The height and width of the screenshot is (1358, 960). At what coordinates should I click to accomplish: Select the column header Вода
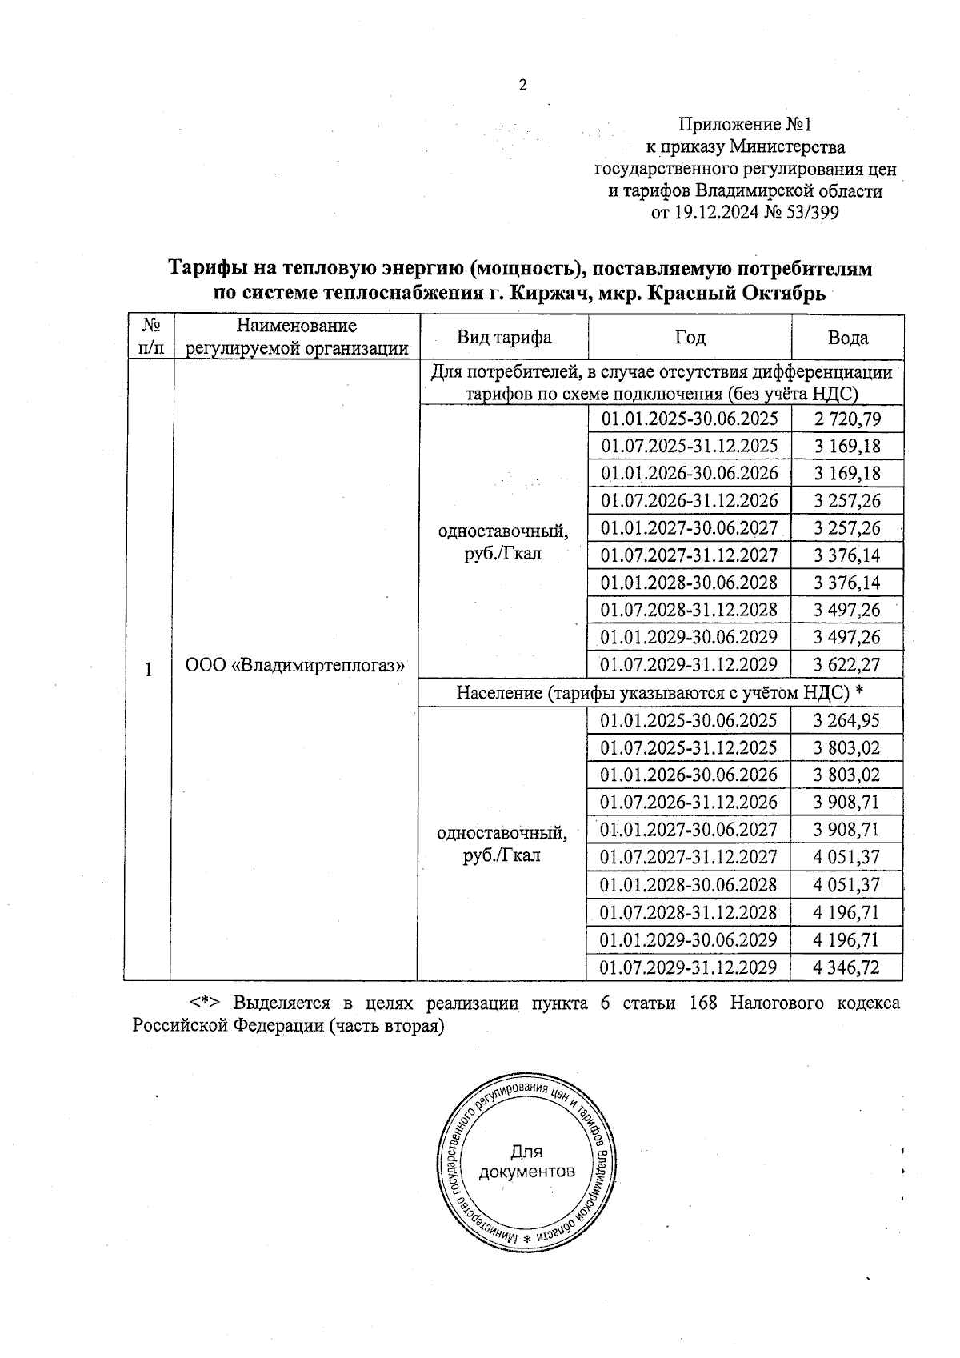click(847, 338)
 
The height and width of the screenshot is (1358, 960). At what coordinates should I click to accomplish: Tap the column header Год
click(689, 338)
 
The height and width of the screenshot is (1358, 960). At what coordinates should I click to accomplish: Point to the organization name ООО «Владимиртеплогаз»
click(294, 666)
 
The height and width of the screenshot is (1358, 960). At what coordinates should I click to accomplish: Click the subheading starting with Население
click(661, 692)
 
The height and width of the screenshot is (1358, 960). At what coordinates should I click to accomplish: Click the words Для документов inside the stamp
click(526, 1162)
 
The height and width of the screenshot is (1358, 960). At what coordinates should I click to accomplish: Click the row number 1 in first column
click(148, 670)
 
